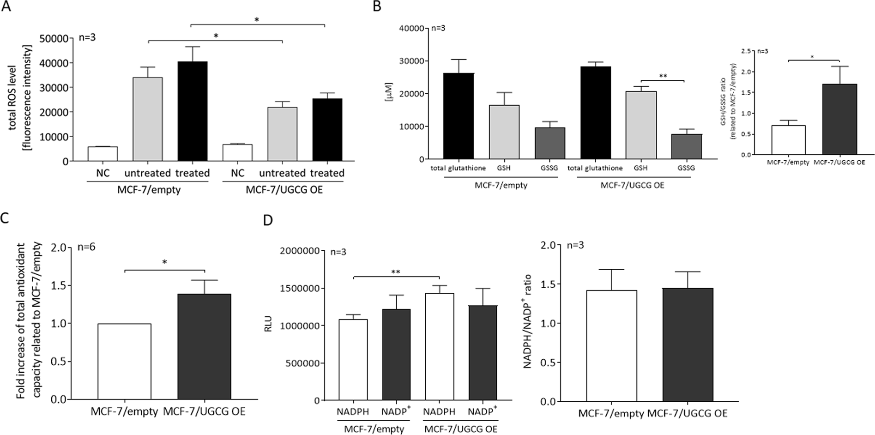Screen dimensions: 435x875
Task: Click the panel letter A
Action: pos(6,7)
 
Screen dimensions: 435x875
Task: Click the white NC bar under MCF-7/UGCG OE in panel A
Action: pos(237,153)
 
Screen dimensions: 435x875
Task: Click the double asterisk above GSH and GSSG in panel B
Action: pos(663,76)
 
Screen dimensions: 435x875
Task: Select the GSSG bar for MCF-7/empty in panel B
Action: pos(549,144)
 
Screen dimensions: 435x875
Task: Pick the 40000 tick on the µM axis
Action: pos(412,28)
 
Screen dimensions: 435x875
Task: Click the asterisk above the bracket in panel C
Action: pos(164,262)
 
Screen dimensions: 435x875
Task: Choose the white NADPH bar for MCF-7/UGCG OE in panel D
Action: pos(439,346)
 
